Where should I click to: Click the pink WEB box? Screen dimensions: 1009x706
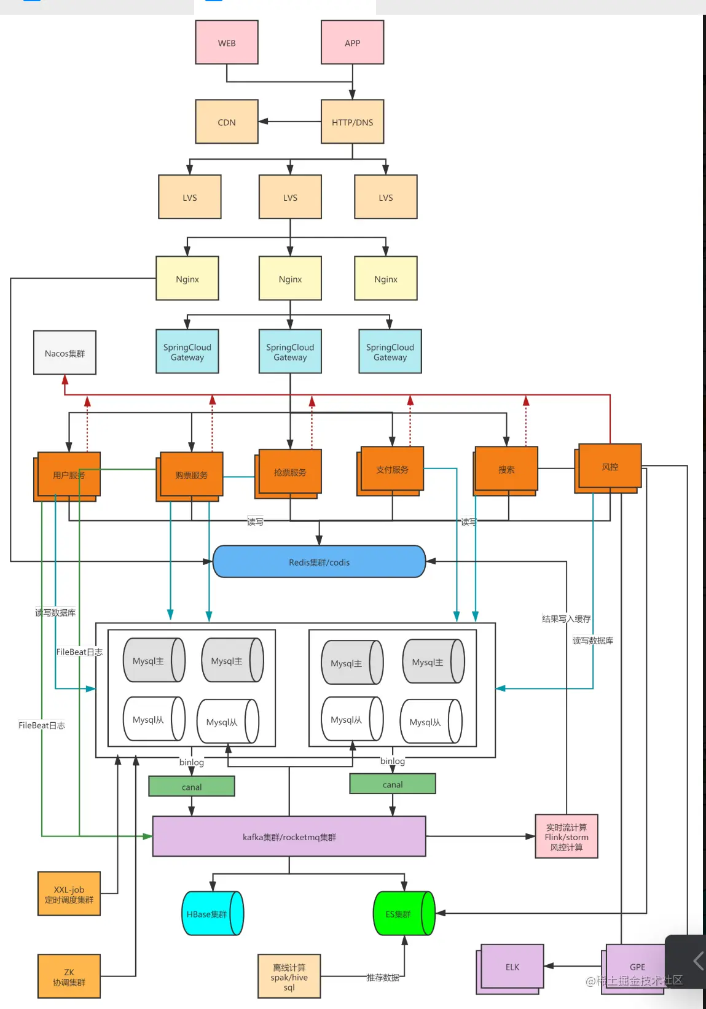(227, 42)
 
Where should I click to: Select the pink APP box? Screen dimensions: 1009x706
(352, 42)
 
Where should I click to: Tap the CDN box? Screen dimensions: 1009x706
(227, 122)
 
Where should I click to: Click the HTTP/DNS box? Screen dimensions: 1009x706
(352, 122)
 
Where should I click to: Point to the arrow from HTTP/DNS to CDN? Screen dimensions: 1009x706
(289, 122)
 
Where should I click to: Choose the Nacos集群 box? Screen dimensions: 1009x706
(65, 353)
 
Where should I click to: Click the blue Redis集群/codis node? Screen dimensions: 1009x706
(319, 561)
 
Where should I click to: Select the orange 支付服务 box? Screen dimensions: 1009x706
(392, 469)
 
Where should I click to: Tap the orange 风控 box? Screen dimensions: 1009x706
(610, 466)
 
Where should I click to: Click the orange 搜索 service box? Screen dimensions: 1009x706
(506, 469)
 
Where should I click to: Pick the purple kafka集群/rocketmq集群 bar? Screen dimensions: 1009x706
(289, 836)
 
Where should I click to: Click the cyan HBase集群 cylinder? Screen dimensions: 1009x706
(209, 914)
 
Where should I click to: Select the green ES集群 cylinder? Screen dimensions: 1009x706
(401, 914)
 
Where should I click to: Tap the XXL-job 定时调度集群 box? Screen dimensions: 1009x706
(69, 894)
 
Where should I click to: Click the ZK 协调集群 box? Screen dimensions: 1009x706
(69, 976)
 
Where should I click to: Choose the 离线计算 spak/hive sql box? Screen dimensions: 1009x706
(289, 976)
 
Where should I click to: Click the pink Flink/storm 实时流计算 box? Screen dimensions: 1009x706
(566, 836)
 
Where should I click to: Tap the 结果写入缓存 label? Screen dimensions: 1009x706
(566, 618)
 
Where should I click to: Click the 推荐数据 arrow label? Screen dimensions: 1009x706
(383, 977)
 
